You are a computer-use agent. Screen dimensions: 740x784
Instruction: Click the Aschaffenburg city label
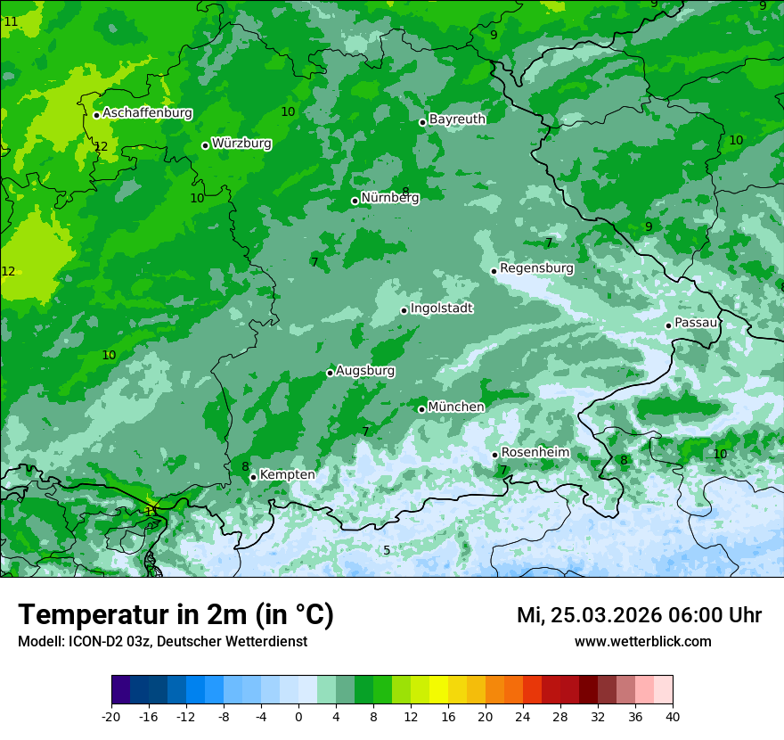(x=147, y=113)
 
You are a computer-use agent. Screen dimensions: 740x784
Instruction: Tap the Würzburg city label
(x=241, y=144)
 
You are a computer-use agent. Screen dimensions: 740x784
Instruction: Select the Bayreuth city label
(x=457, y=119)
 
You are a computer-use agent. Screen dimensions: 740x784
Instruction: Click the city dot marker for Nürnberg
(x=355, y=201)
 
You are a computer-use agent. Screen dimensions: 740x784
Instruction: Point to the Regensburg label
(x=536, y=268)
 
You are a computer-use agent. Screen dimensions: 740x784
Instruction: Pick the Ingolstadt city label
(x=441, y=308)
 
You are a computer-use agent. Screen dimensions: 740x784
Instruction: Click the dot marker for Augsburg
(x=330, y=373)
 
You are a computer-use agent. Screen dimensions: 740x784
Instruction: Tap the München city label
(x=456, y=407)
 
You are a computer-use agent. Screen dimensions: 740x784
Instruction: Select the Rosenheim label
(x=535, y=453)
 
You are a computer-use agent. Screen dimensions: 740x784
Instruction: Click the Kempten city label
(x=287, y=475)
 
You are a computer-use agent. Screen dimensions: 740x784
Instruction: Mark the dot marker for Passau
(x=668, y=325)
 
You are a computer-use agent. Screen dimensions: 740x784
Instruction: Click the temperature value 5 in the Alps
(x=387, y=551)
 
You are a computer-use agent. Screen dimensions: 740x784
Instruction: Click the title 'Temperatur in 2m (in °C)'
(x=176, y=615)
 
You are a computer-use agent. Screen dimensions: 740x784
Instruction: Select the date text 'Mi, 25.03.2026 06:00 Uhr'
(x=639, y=615)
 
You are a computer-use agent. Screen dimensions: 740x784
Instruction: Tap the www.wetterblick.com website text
(x=642, y=642)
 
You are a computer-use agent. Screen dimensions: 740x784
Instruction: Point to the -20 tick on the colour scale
(x=111, y=716)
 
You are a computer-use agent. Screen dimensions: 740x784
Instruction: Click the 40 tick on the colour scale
(x=672, y=716)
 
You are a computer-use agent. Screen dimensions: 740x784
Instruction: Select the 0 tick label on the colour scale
(x=298, y=716)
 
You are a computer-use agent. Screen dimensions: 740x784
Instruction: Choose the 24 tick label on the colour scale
(x=522, y=716)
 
